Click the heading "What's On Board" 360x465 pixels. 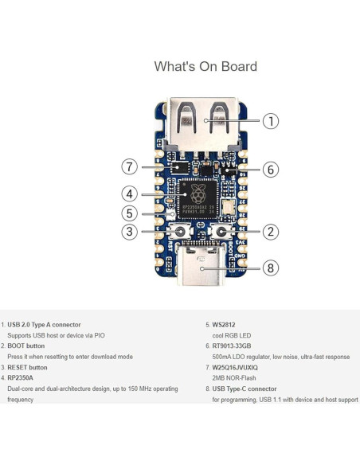(205, 66)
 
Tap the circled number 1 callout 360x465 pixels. (271, 121)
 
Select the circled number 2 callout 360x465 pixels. (271, 232)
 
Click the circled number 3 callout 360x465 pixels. (130, 232)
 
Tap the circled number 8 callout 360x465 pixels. (271, 268)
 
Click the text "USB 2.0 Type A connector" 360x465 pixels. (44, 325)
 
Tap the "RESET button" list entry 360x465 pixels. (28, 368)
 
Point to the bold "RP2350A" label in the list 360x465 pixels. (23, 378)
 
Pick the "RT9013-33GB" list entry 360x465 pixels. (232, 346)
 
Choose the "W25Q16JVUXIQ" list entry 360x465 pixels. (237, 368)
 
